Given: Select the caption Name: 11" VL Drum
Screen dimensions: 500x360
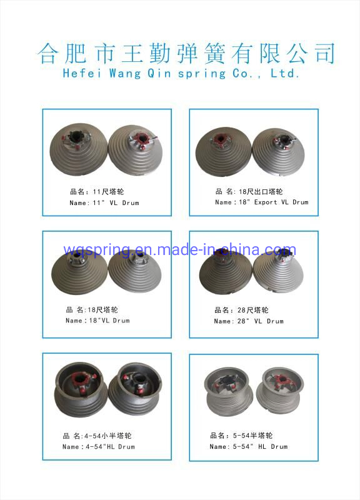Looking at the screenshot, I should pos(104,203).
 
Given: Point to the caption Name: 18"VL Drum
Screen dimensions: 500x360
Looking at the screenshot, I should pos(97,321).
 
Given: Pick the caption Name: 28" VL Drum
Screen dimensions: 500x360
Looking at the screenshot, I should pos(248,321).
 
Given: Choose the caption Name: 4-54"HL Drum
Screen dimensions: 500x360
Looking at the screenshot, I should pos(98,447).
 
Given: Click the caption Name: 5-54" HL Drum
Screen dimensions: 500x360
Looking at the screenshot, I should pos(248,447).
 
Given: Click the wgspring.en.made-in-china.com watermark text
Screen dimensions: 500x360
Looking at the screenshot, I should pos(180,251).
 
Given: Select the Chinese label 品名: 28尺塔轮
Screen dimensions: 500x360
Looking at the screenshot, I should pos(242,310).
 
